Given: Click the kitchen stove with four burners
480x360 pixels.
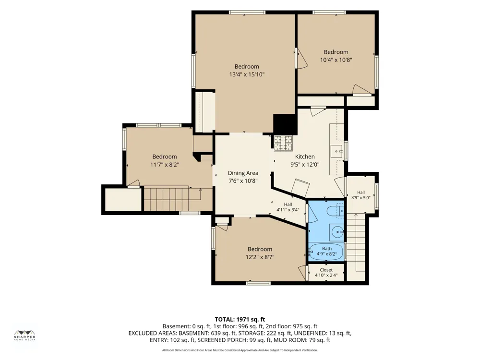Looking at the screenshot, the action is pos(283,143).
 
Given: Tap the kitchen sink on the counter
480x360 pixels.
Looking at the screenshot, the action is pos(336,151).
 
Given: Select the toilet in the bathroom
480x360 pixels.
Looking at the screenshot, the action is pos(335,211).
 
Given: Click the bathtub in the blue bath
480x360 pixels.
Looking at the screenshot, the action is pos(326,252).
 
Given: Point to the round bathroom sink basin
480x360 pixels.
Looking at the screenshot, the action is pos(337,232).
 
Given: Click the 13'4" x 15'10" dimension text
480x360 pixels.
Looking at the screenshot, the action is pos(247,74).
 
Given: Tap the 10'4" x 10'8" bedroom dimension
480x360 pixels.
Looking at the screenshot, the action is pos(336,60).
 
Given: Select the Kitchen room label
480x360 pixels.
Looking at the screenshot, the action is pos(305,157).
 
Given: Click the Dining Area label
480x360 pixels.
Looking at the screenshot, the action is pos(243,173).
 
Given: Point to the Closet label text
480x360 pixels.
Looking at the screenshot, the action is pos(326,270).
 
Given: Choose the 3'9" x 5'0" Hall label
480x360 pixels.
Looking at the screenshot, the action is pos(361,195).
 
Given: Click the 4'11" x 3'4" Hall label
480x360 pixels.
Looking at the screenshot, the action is pos(288,207).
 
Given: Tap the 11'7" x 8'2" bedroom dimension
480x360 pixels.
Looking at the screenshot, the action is pos(165,165).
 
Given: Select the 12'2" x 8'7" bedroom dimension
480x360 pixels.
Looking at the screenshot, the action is pos(260,257).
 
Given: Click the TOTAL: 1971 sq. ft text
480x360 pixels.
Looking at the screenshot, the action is pos(240,320).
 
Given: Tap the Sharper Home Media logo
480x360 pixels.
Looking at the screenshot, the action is pos(25,336).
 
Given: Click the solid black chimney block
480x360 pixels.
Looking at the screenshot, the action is pos(285,124).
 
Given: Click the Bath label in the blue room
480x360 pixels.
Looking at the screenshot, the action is pos(326,249).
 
